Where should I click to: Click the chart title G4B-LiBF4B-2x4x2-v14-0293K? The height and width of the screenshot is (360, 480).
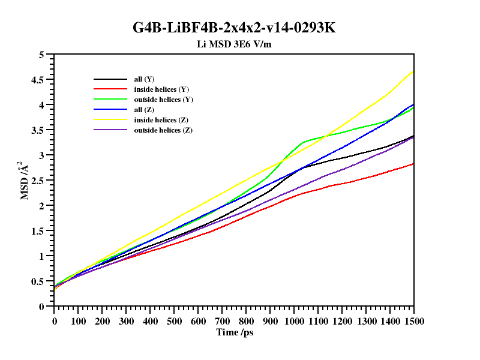(239, 28)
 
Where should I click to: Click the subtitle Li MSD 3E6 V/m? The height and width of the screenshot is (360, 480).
(239, 44)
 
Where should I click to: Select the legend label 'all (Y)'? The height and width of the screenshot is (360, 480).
(145, 79)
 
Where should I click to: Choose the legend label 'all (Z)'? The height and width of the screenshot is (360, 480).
(145, 110)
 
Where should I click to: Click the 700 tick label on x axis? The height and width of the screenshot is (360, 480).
(222, 321)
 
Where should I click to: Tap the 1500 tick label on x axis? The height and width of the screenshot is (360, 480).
(413, 321)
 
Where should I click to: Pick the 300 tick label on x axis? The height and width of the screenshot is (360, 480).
(126, 321)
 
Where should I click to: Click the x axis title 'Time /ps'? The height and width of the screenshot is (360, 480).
(235, 332)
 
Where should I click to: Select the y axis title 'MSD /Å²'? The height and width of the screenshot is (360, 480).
(25, 180)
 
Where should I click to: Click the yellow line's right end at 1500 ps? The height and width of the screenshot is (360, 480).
(413, 71)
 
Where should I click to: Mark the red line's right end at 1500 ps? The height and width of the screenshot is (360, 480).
(413, 164)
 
